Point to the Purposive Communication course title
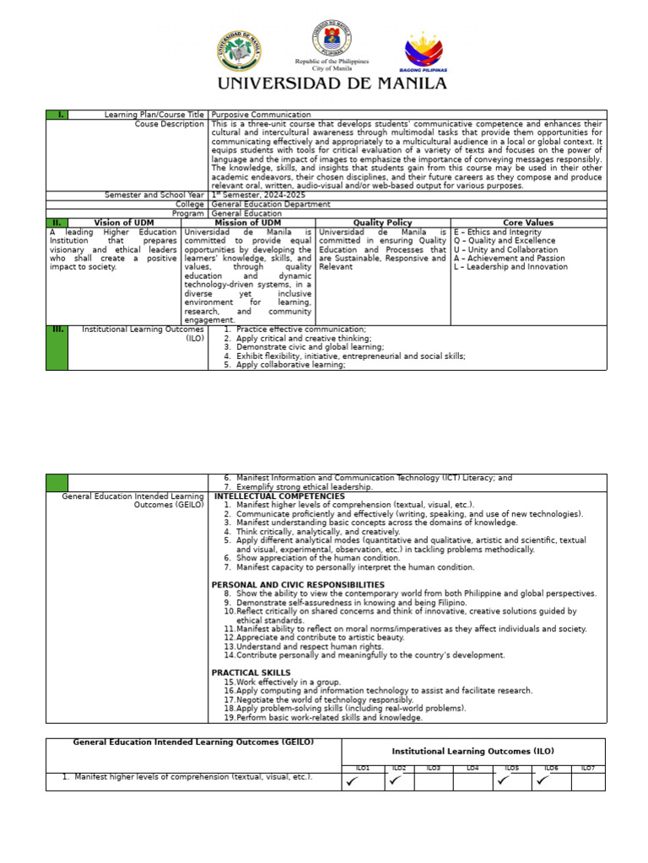pos(261,115)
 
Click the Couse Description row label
pos(169,124)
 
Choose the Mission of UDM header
pos(248,222)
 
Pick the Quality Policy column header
pos(383,222)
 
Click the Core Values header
pos(529,222)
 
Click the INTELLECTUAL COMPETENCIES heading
pos(279,496)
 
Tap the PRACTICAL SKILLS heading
pos(251,673)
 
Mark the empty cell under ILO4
pos(472,781)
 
